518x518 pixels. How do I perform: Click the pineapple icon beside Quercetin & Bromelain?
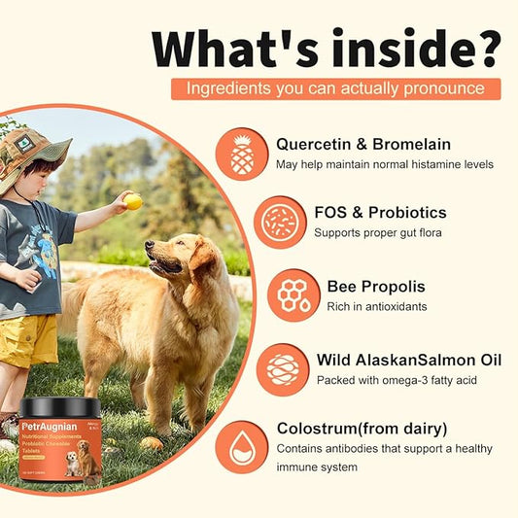point(242,154)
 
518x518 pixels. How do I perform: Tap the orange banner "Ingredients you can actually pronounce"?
point(336,88)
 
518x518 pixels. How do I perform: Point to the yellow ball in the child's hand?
point(133,201)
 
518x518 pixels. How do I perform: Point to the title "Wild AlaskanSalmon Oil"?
point(408,361)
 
